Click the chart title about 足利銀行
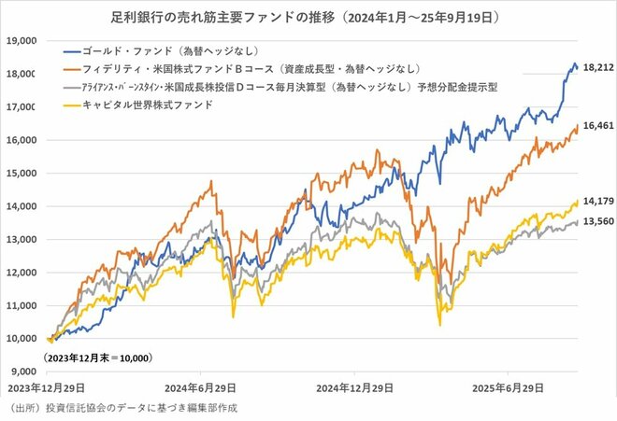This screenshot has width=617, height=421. click(x=308, y=18)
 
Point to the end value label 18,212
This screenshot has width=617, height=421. click(x=595, y=68)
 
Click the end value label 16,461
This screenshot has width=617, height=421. click(x=595, y=124)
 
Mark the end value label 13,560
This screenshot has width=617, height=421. click(x=595, y=222)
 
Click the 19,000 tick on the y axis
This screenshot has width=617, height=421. click(x=21, y=41)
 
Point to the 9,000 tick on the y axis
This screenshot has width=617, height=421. click(x=23, y=372)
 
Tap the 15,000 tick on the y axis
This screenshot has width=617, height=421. click(x=21, y=174)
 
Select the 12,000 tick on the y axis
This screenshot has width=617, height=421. click(x=21, y=273)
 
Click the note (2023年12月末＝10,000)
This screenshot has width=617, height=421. click(x=98, y=358)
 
